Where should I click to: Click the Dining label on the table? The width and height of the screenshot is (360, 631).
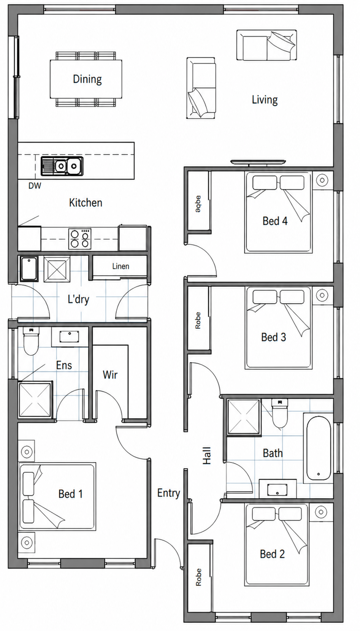(87, 79)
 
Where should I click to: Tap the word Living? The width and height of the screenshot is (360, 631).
(265, 100)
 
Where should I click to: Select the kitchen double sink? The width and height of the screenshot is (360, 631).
(62, 166)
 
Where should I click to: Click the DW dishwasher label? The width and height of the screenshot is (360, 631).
(35, 185)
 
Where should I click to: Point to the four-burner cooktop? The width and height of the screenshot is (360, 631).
(80, 239)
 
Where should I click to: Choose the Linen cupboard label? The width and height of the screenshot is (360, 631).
(121, 266)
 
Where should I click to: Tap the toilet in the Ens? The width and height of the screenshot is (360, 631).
(30, 341)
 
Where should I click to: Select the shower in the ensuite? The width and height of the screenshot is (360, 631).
(35, 400)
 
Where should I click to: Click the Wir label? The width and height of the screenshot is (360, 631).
(110, 375)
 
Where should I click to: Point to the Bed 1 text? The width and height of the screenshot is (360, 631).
(70, 494)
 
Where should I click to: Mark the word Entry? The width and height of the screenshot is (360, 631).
(168, 493)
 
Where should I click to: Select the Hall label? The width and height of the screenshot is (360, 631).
(207, 455)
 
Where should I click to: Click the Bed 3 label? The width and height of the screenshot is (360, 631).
(273, 337)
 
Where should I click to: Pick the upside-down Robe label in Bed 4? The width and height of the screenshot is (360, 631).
(198, 204)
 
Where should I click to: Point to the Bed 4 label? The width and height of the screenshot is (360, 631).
(275, 221)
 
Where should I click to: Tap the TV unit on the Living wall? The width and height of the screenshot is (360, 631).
(258, 162)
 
